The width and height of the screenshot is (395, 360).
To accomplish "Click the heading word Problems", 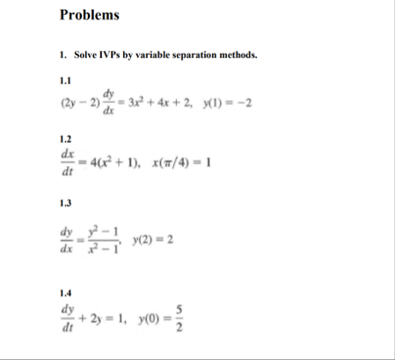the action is tap(89, 15).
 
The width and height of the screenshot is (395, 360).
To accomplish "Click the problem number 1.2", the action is tap(64, 139).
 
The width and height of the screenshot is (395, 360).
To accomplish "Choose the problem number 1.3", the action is tap(64, 204).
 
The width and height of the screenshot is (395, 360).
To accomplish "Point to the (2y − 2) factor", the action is tap(78, 101).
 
